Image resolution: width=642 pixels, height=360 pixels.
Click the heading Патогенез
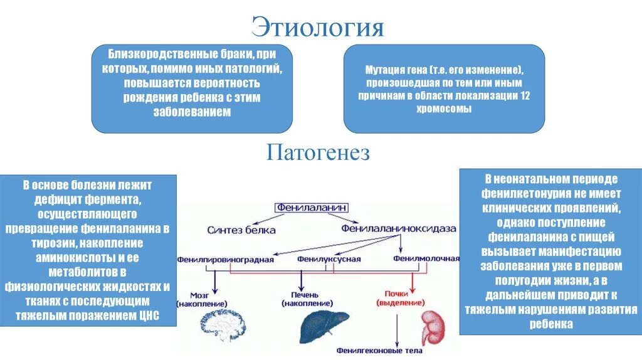pyautogui.click(x=318, y=152)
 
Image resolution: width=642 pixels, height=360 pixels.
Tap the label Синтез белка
pyautogui.click(x=241, y=230)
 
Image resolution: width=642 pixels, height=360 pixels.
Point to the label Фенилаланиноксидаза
pyautogui.click(x=398, y=229)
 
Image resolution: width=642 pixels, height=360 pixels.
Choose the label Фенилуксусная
pyautogui.click(x=329, y=258)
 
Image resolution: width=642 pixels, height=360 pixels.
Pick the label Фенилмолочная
pyautogui.click(x=426, y=258)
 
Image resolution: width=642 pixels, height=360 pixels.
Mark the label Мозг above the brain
pyautogui.click(x=204, y=294)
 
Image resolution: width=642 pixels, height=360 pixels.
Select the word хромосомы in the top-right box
pyautogui.click(x=444, y=108)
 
